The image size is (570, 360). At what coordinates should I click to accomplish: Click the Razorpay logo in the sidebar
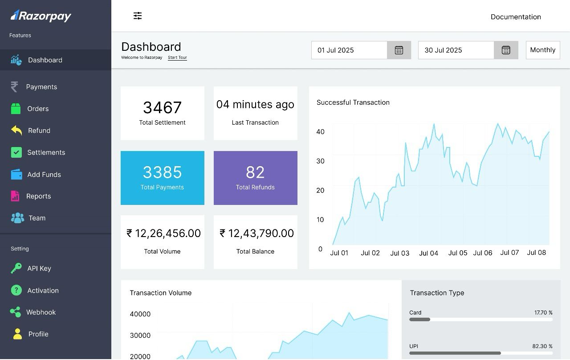(41, 16)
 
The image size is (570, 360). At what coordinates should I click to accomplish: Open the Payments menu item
(41, 87)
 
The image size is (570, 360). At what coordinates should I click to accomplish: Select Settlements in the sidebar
(46, 152)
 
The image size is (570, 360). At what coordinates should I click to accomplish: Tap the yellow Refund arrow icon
(16, 130)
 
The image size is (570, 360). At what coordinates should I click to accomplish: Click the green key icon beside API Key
(16, 268)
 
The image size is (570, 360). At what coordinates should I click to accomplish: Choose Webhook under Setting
(41, 312)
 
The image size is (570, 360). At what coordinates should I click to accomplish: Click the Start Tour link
(177, 57)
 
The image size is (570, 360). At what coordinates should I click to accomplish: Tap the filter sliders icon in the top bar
(138, 16)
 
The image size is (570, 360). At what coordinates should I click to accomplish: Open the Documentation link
(516, 17)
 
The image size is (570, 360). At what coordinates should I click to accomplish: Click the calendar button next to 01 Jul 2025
(399, 50)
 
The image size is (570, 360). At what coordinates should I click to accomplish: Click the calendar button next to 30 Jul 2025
(506, 50)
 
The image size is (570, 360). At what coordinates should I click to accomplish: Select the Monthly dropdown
(543, 50)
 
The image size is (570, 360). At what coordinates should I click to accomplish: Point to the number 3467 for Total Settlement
(163, 107)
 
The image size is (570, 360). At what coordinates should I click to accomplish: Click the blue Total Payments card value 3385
(163, 172)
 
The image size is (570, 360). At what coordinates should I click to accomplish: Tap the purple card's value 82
(255, 172)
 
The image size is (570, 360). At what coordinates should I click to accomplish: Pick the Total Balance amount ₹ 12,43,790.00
(257, 233)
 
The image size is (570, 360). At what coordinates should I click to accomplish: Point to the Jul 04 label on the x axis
(428, 253)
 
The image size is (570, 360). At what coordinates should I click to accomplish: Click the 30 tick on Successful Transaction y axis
(320, 161)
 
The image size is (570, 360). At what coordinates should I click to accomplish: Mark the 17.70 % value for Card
(543, 312)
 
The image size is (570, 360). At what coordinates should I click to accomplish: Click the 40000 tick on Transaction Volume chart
(140, 314)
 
